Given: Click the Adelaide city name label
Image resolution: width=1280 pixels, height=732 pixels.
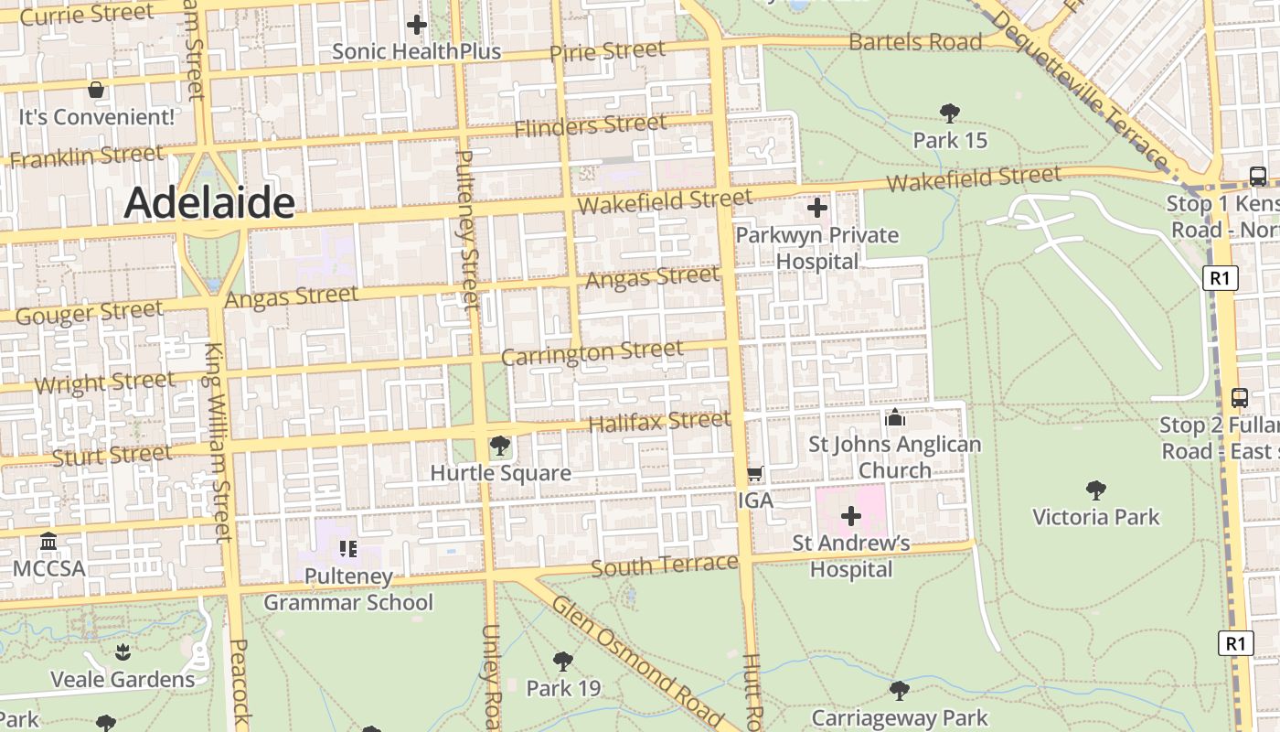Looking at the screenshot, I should (209, 202).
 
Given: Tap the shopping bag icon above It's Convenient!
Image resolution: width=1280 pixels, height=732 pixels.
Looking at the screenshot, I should (95, 90).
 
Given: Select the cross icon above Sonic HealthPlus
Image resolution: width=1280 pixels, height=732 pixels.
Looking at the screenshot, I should (417, 25).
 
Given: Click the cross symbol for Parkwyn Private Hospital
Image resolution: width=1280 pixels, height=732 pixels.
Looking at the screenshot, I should (816, 209).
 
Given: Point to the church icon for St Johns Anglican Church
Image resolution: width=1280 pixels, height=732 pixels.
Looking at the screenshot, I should (894, 418).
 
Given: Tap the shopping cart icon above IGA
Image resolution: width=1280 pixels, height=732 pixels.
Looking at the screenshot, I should (754, 474).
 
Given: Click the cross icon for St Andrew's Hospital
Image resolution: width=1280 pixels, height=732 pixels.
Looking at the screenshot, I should (850, 516).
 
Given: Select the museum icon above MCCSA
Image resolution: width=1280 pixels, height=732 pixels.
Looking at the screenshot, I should (48, 542).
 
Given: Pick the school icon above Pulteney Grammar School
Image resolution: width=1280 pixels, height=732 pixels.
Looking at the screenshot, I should (347, 549).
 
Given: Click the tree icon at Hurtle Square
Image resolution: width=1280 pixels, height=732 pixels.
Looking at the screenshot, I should (500, 446).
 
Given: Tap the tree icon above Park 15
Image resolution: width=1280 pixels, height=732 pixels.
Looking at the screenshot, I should (950, 113).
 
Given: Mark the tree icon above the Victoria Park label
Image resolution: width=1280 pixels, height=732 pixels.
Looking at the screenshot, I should (1095, 490).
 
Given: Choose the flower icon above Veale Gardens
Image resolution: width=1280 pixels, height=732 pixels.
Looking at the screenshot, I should (123, 652).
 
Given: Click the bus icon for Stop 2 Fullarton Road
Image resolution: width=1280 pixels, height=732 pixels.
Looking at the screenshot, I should (1240, 398).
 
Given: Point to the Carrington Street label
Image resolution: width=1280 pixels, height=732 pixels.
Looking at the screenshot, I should (592, 352).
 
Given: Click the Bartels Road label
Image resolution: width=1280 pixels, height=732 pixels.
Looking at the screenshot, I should (915, 42).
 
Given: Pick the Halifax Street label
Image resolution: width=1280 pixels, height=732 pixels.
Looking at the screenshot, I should (659, 422).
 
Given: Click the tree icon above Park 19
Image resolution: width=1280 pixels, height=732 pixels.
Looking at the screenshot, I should (563, 661).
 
